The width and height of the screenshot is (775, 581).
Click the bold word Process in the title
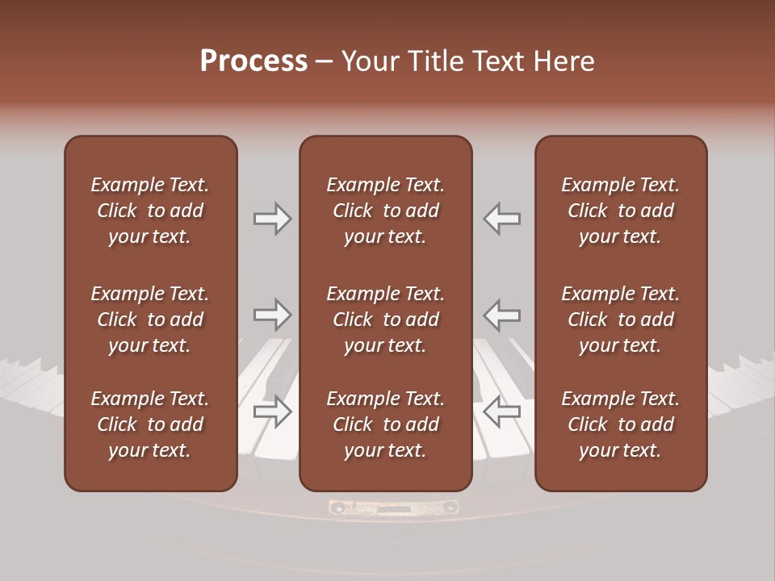click(x=253, y=61)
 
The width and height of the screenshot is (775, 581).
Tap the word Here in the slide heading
click(x=563, y=61)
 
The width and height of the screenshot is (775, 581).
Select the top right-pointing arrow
click(x=273, y=219)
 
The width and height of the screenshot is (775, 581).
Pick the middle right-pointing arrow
click(x=273, y=315)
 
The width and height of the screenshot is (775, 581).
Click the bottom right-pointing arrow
click(x=273, y=412)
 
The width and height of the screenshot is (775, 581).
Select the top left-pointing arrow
click(x=501, y=219)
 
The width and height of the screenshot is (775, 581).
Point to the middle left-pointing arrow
click(x=501, y=315)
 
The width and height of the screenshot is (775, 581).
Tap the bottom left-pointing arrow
click(x=501, y=412)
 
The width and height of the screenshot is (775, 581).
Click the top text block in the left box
click(x=150, y=211)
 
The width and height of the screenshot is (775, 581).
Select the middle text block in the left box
click(x=150, y=320)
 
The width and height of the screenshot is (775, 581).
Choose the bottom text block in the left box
click(x=150, y=424)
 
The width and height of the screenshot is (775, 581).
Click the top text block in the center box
click(x=385, y=211)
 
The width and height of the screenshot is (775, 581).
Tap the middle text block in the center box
click(x=385, y=320)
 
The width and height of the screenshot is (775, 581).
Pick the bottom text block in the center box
click(x=385, y=424)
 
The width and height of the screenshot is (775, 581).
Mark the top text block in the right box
click(x=621, y=211)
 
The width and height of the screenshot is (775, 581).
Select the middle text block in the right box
click(x=621, y=320)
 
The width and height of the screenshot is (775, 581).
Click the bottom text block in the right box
click(x=621, y=424)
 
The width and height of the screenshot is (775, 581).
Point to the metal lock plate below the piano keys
click(x=393, y=508)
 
